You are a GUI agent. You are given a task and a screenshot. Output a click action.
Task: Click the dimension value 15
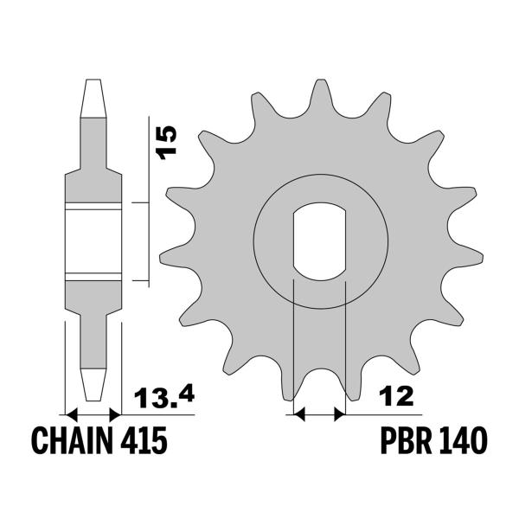click(x=167, y=141)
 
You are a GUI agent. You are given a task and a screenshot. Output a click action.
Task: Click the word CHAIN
click(x=71, y=441)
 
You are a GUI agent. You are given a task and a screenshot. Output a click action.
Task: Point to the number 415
click(x=142, y=441)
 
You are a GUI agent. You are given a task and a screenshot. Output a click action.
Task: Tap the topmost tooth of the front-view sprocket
click(x=319, y=89)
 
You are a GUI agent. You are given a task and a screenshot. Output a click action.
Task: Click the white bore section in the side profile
click(x=93, y=242)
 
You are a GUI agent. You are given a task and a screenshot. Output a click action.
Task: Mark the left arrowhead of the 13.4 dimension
click(x=71, y=414)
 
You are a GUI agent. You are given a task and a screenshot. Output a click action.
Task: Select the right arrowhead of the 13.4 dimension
click(x=116, y=414)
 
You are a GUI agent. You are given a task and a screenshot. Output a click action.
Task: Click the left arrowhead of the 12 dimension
click(x=300, y=416)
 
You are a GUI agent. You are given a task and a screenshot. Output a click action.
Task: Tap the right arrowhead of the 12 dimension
click(x=340, y=416)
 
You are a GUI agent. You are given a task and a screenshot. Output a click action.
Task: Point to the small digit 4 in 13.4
click(x=184, y=395)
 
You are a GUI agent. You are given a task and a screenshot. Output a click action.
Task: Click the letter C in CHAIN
click(x=41, y=441)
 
